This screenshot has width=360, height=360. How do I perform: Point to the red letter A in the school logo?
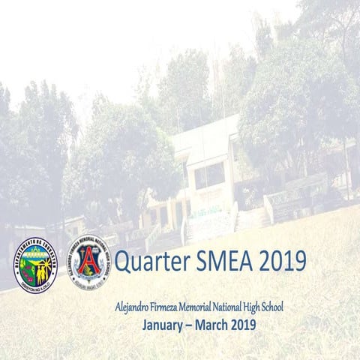[x=88, y=261]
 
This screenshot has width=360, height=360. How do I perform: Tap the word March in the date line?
[x=214, y=325]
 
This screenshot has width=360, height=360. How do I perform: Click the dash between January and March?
[x=190, y=325]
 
